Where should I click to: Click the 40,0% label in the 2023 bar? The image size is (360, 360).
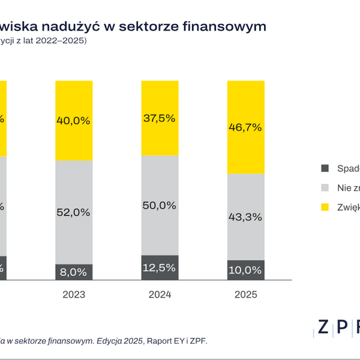(x=74, y=121)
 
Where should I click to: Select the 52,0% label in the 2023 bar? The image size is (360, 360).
(x=74, y=212)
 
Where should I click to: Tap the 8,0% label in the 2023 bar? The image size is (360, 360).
(x=74, y=271)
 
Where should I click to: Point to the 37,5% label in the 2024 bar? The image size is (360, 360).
(x=160, y=118)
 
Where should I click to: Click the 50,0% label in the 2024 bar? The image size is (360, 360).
(x=160, y=205)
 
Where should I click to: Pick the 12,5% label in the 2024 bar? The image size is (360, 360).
(x=160, y=267)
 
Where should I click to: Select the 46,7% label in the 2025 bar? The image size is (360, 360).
(x=245, y=127)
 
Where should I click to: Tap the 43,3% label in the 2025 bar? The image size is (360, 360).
(x=245, y=217)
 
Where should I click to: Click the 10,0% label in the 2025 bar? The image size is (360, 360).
(x=245, y=270)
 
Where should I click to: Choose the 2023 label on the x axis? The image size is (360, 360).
(x=74, y=295)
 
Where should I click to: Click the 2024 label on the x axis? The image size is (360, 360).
(x=160, y=295)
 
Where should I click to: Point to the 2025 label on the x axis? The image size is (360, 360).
(x=245, y=295)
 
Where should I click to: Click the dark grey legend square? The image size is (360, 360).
(x=326, y=169)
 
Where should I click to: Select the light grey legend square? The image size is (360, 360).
(x=326, y=188)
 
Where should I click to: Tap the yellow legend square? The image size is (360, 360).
(x=326, y=207)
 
